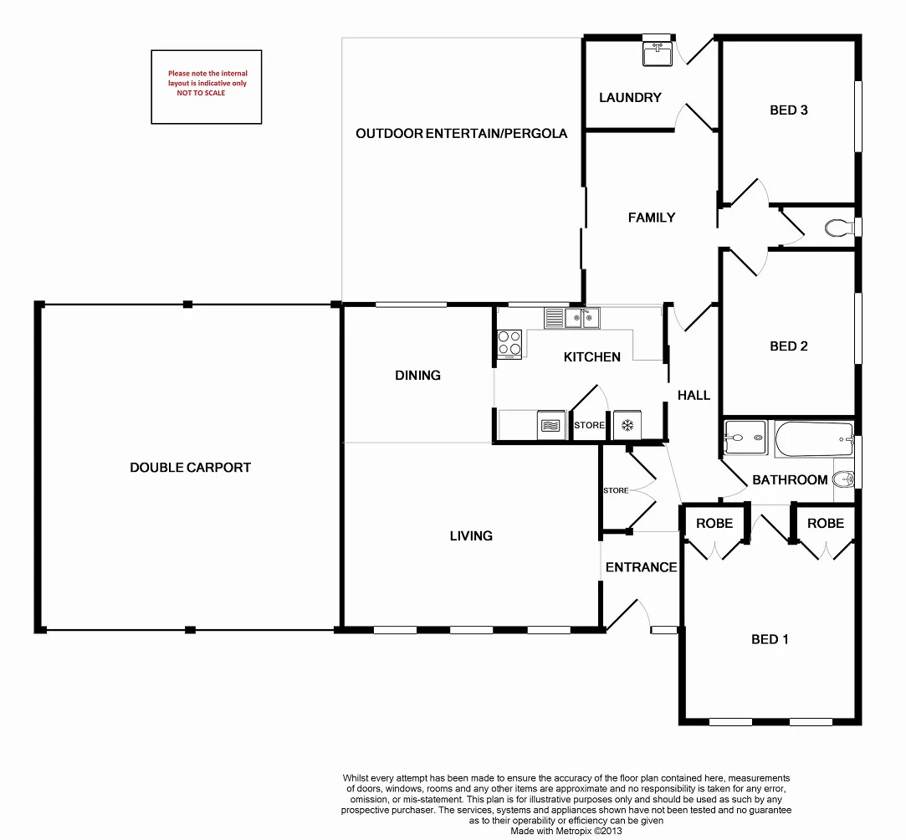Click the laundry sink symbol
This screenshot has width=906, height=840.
(658, 53)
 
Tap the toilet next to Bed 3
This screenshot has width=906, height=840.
(836, 227)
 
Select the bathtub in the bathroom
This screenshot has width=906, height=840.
(814, 439)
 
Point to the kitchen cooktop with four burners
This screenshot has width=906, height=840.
(509, 344)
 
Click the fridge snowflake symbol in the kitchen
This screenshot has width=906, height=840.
(626, 425)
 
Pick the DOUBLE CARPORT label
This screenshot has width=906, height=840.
(190, 468)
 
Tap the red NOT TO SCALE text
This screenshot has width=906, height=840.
(201, 93)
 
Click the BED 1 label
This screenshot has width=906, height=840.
(770, 639)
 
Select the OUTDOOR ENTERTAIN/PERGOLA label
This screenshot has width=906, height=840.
(461, 133)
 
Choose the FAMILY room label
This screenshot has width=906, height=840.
(651, 218)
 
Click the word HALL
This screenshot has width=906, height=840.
(694, 395)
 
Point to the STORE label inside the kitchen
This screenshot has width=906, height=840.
(589, 425)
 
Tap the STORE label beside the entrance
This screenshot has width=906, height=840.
(616, 490)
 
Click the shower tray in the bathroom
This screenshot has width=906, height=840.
(745, 438)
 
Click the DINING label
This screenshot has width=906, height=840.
(417, 375)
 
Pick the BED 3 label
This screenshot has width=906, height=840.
(788, 110)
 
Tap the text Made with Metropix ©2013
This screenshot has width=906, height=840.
(566, 832)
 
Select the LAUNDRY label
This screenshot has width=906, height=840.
(630, 98)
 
